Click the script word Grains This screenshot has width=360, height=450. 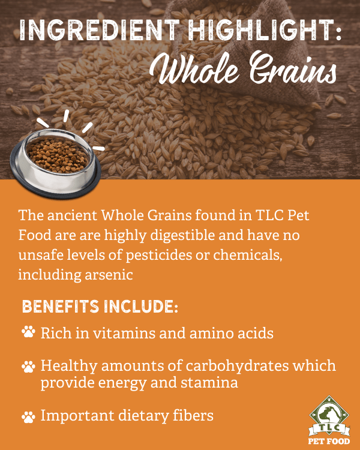pyautogui.click(x=293, y=68)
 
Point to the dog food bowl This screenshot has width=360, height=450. pyautogui.click(x=55, y=164)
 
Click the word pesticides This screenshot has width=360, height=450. pyautogui.click(x=159, y=255)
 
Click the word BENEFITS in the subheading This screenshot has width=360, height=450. pyautogui.click(x=61, y=307)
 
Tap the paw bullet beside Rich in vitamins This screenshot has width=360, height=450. pyautogui.click(x=28, y=332)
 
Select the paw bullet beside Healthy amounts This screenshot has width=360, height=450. pyautogui.click(x=28, y=367)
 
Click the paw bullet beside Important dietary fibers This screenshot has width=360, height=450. pyautogui.click(x=28, y=417)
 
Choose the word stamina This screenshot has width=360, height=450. pyautogui.click(x=209, y=383)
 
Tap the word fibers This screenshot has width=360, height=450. pyautogui.click(x=193, y=415)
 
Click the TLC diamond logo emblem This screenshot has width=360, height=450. pyautogui.click(x=329, y=416)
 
